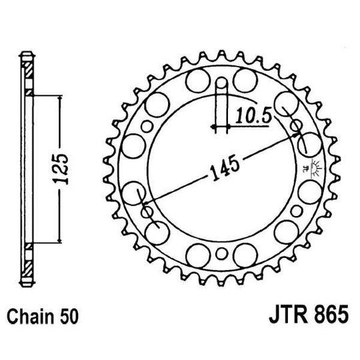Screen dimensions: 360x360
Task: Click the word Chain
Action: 33,315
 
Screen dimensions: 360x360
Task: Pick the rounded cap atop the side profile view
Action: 27,55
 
